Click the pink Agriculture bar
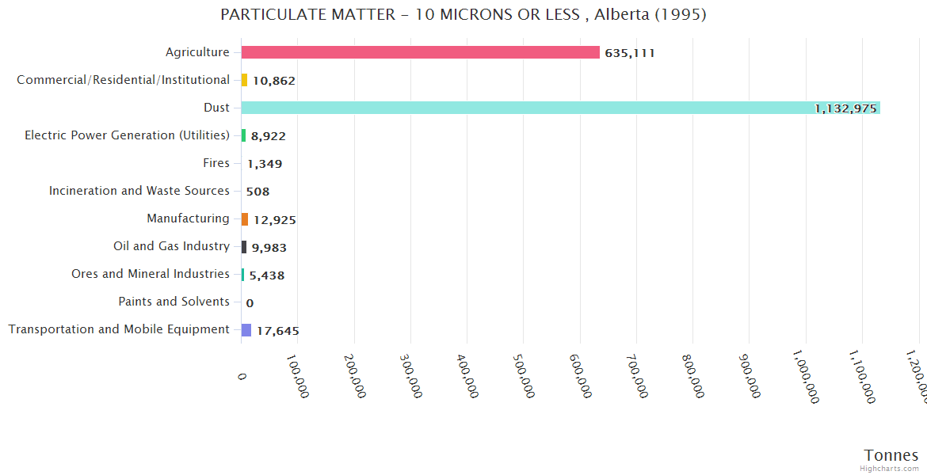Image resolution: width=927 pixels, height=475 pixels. click(x=420, y=52)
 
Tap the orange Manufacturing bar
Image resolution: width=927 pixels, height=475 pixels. click(x=245, y=219)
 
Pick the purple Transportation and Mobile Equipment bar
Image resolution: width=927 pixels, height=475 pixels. click(x=246, y=330)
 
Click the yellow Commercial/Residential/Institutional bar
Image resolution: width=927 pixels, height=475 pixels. click(x=244, y=80)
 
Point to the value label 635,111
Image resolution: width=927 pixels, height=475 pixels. click(x=629, y=53)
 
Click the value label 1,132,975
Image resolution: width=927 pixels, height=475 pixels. click(x=845, y=108)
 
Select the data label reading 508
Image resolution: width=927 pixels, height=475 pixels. click(x=257, y=192)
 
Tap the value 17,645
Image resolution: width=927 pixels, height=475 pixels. click(x=277, y=331)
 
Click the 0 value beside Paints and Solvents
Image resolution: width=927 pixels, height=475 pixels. click(x=250, y=302)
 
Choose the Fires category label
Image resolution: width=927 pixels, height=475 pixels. click(x=216, y=163)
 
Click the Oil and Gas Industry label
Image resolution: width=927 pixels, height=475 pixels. click(x=171, y=246)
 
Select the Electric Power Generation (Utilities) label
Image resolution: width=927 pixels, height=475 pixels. click(x=127, y=135)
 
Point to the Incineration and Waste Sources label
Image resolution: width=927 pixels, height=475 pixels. click(x=139, y=191)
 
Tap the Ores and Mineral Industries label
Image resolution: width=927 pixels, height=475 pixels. click(x=151, y=274)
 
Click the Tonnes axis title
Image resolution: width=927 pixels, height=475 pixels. click(x=891, y=455)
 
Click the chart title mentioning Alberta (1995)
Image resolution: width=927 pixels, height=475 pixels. click(x=463, y=15)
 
